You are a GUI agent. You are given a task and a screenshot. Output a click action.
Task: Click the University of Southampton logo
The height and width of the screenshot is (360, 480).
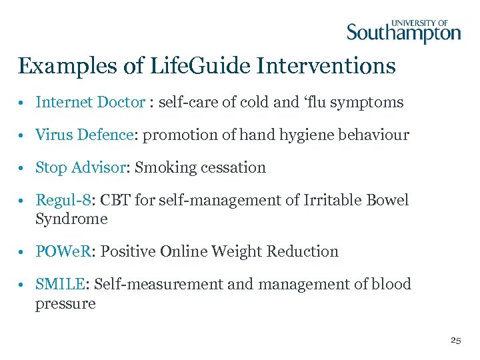tap(403, 31)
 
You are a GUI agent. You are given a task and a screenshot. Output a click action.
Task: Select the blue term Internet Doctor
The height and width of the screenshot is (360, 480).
tap(90, 102)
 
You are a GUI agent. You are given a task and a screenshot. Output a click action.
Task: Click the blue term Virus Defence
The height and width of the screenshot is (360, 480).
tap(85, 135)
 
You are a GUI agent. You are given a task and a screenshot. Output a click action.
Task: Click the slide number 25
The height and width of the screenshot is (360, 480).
tap(455, 340)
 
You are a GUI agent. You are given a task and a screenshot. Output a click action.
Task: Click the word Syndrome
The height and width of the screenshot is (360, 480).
tap(71, 219)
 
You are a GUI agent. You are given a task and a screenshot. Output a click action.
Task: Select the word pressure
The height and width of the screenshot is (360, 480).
tap(65, 304)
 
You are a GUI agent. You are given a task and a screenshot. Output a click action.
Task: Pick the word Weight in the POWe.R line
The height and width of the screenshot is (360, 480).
tap(237, 251)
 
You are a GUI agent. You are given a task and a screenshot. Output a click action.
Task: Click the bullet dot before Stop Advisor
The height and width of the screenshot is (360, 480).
tap(23, 168)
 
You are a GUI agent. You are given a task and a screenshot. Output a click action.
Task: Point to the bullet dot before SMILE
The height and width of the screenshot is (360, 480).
tap(23, 285)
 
